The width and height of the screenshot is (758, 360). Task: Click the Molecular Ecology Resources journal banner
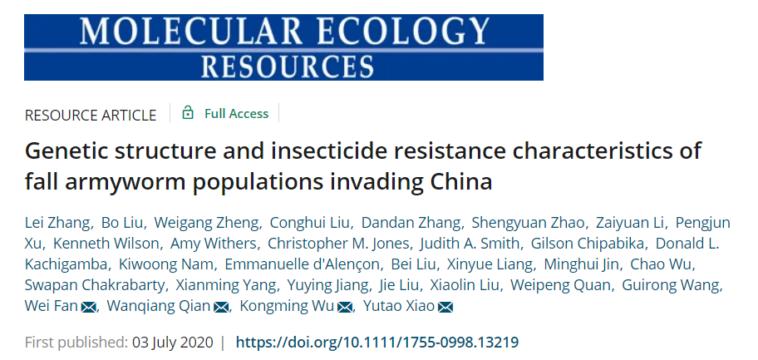coord(283,47)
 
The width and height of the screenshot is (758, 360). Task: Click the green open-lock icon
coord(188,113)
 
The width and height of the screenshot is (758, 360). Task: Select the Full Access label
coord(236,114)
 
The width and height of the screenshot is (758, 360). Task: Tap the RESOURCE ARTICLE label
coord(91,115)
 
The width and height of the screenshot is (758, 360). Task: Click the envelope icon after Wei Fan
coord(88,308)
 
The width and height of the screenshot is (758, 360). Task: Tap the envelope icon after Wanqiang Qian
coord(221,308)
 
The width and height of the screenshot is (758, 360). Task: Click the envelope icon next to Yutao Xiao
coord(445,308)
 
